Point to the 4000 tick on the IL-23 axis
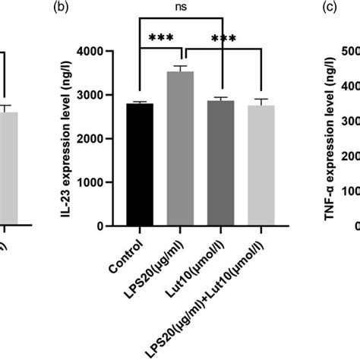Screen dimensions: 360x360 109,52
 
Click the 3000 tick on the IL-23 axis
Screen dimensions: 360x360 109,96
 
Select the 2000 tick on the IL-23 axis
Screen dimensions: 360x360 109,139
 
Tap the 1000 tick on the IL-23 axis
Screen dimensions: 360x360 109,183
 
